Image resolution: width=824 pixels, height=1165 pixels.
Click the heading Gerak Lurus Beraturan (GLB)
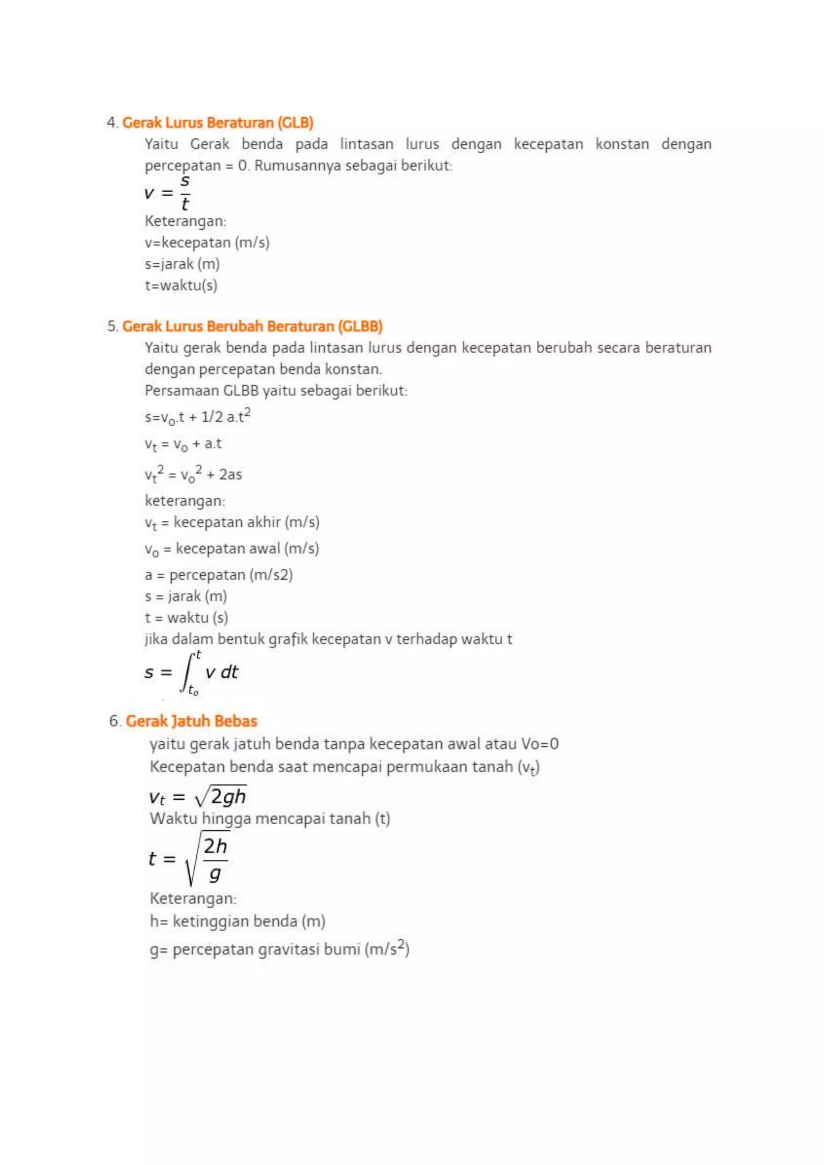pos(218,123)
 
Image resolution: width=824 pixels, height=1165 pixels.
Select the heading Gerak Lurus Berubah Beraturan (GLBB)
pos(252,326)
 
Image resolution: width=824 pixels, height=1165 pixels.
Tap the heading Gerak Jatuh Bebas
pos(191,721)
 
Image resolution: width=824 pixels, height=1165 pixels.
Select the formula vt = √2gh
pos(198,797)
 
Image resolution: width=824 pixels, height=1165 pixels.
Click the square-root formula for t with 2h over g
pos(189,858)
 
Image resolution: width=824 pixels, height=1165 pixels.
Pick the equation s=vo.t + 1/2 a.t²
pos(198,417)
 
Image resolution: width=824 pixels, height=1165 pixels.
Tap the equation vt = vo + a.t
pos(183,445)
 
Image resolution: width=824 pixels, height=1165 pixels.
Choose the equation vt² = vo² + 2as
pos(193,474)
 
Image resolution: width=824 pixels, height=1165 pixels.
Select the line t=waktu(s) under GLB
pos(181,285)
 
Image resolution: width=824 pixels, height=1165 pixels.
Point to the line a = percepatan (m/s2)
pos(219,575)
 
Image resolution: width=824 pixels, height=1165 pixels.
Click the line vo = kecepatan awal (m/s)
pos(232,548)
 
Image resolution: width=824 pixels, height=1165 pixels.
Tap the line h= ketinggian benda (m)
pos(237,921)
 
